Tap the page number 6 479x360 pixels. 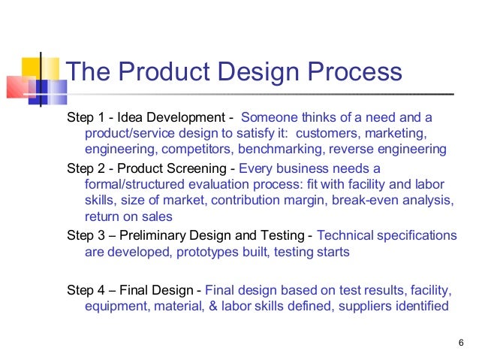click(x=460, y=343)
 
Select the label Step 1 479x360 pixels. click(x=85, y=119)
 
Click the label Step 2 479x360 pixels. click(x=85, y=168)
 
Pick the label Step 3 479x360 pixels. click(x=85, y=234)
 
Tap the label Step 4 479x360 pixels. click(x=85, y=289)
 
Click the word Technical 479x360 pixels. click(x=346, y=234)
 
